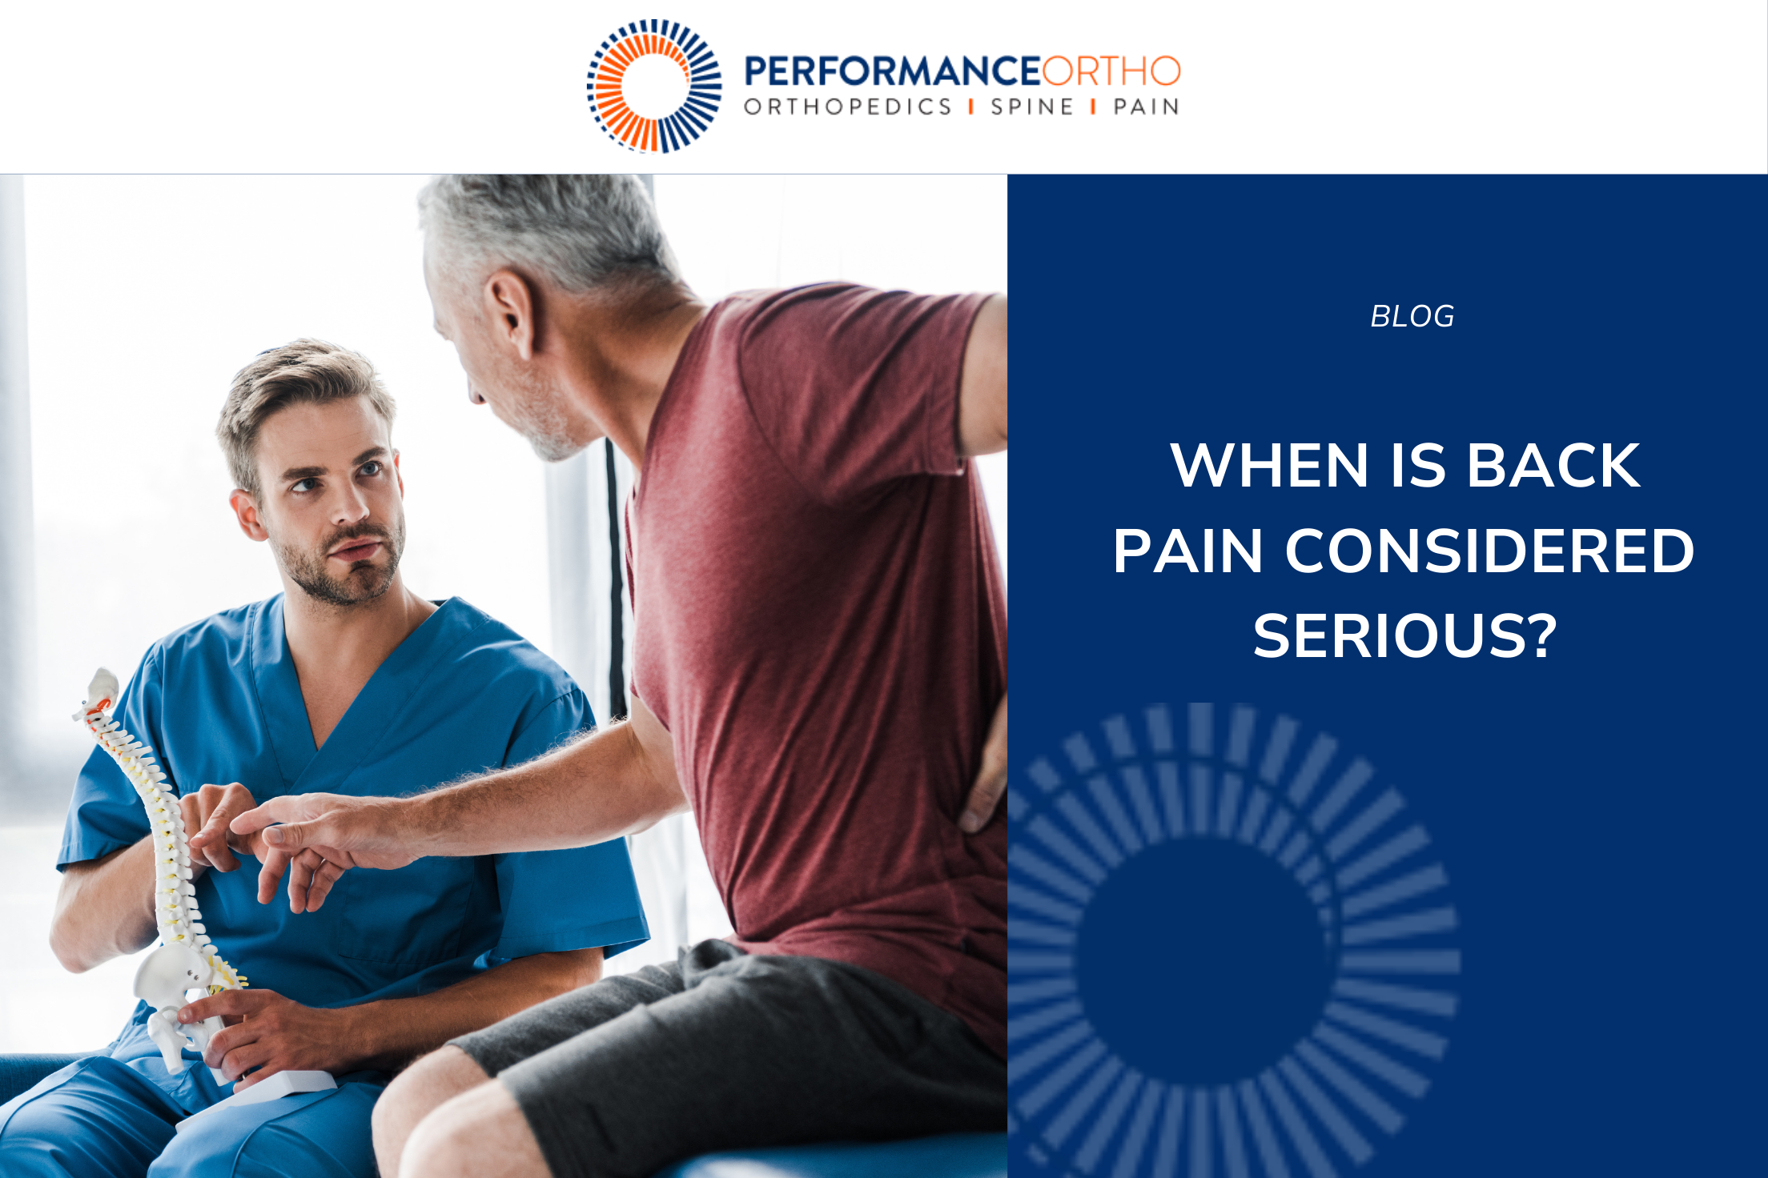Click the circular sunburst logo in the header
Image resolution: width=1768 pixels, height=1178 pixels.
click(x=654, y=86)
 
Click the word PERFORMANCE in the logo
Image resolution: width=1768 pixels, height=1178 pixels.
click(x=892, y=71)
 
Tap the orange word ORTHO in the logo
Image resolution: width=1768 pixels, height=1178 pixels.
click(x=1111, y=71)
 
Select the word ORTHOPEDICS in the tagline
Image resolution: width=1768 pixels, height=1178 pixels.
click(x=847, y=107)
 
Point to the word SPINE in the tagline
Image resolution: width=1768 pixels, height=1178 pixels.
click(x=1031, y=107)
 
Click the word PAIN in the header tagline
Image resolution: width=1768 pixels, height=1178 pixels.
click(x=1146, y=107)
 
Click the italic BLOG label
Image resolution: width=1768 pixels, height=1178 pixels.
click(x=1412, y=317)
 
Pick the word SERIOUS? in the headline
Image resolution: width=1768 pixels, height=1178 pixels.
click(x=1405, y=636)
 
